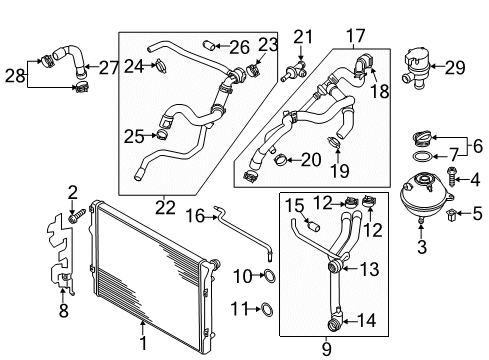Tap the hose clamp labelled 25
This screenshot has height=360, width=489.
tap(160, 133)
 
